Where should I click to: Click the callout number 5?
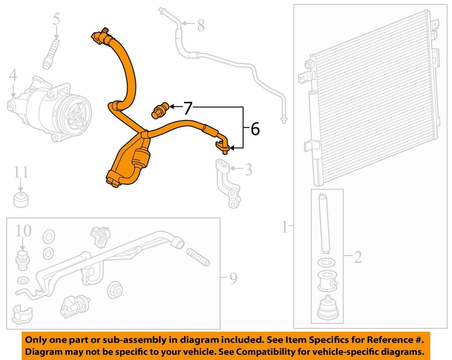56,19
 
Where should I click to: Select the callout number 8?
201,25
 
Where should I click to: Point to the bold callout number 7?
188,108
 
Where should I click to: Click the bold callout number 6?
255,128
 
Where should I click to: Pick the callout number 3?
248,168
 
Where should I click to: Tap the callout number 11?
20,172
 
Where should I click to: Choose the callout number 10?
23,231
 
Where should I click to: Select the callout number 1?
284,228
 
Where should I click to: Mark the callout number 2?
358,257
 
